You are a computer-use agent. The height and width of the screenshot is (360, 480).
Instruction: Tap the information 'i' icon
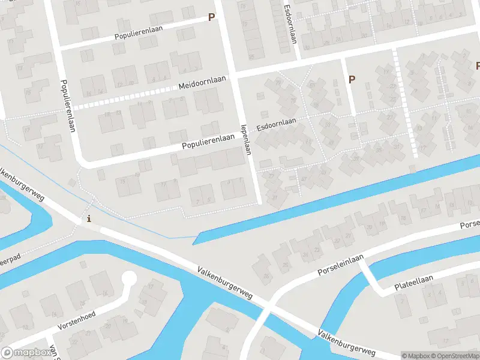pos(89,218)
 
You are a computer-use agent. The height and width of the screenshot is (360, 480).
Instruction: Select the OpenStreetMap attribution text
pos(455,356)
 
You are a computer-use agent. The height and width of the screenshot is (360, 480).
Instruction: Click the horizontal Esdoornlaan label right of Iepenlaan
pos(277,125)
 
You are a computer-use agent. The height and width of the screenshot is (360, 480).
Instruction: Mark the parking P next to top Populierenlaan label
pos(211,17)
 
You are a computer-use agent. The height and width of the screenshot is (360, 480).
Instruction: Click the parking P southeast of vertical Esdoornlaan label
pos(352,79)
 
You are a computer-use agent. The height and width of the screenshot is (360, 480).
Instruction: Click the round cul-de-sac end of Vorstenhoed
pos(128,278)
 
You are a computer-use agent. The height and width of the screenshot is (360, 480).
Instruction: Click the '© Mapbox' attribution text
pos(416,356)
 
